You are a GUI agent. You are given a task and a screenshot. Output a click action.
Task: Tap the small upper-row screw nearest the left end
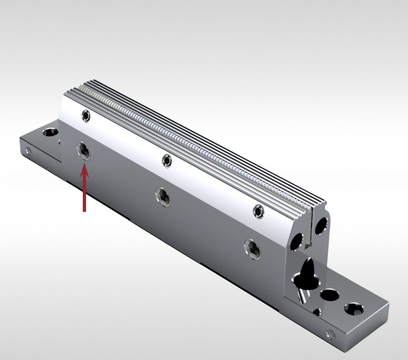pyautogui.click(x=86, y=116)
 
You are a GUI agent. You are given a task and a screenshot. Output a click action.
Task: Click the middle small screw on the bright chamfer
pyautogui.click(x=167, y=160)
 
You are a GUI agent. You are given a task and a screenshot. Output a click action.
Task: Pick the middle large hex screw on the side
pyautogui.click(x=163, y=196)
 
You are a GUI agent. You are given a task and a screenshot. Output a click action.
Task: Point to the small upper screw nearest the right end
pyautogui.click(x=259, y=211)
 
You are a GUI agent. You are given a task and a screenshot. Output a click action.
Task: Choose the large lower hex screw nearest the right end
pyautogui.click(x=253, y=249)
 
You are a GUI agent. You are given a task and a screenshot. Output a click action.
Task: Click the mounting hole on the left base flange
pyautogui.click(x=50, y=132)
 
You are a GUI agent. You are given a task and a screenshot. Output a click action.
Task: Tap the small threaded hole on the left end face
pyautogui.click(x=28, y=151)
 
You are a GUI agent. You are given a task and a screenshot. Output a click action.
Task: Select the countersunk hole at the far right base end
pyautogui.click(x=354, y=309)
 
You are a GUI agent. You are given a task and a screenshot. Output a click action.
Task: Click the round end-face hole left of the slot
pyautogui.click(x=296, y=242)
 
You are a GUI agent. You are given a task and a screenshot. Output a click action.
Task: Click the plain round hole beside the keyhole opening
pyautogui.click(x=330, y=295)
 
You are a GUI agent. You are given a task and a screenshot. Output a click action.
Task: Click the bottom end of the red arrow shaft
pyautogui.click(x=84, y=211)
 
